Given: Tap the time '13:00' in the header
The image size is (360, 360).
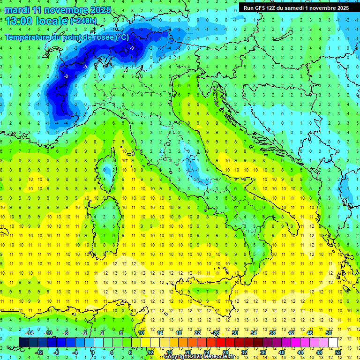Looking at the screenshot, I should [22, 21].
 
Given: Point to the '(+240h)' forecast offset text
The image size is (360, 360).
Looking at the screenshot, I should [83, 21].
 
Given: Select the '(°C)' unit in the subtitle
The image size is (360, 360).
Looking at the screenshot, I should [122, 37].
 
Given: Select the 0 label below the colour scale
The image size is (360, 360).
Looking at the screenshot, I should [93, 352].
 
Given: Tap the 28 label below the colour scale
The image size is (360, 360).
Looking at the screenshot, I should [225, 352].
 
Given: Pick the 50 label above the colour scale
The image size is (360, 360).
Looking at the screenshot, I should [328, 333].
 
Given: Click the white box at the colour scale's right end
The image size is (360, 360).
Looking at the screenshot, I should [333, 342].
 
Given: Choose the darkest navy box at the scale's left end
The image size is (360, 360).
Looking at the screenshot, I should [23, 342].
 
